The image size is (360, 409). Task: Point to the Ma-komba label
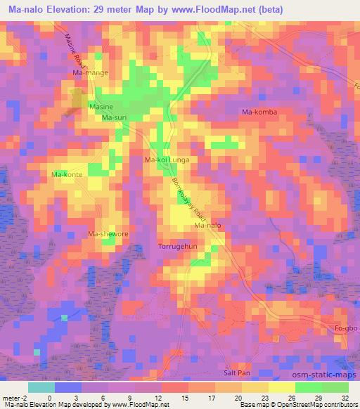259,112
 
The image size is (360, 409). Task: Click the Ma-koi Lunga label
167,160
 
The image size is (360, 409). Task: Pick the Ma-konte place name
67,174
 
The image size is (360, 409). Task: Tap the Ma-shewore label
107,234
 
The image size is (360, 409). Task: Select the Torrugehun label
178,247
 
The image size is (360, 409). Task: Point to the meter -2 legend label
15,397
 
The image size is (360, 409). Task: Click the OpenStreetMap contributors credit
317,404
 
